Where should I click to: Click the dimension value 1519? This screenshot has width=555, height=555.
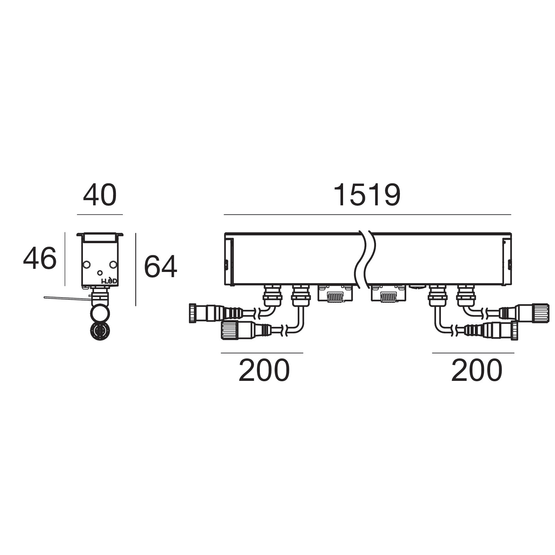[367, 196]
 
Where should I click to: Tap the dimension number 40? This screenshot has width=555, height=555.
[100, 196]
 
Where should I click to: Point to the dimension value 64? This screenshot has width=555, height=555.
[160, 267]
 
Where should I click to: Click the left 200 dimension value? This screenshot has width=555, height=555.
[264, 370]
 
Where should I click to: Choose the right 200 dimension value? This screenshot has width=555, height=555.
[477, 370]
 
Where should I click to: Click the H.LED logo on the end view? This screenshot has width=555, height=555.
[109, 282]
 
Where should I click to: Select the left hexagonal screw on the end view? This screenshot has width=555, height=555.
[86, 265]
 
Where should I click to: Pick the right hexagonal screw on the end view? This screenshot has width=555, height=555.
[113, 265]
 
